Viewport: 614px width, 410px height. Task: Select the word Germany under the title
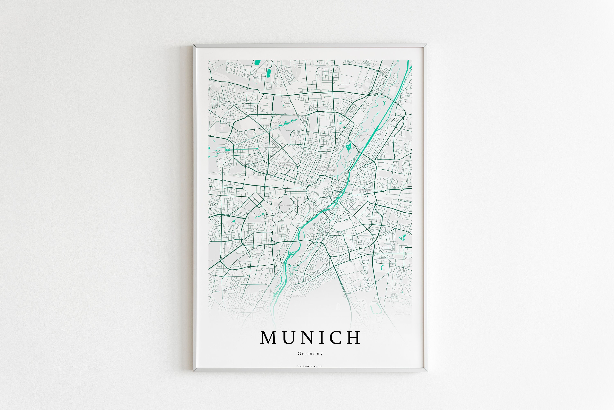click(310, 353)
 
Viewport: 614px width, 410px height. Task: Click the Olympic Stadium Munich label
click(281, 122)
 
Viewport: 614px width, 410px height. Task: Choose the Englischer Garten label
click(363, 135)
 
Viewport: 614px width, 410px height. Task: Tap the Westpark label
click(235, 223)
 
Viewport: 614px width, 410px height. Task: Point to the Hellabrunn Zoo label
click(292, 272)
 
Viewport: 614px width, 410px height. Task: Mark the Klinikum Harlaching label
click(297, 296)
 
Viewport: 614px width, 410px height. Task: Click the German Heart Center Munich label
click(286, 164)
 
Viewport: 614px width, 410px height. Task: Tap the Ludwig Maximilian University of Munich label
click(327, 168)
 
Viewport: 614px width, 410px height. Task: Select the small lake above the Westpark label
click(234, 220)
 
